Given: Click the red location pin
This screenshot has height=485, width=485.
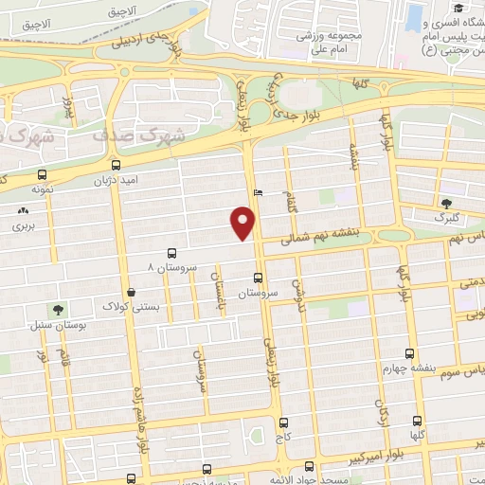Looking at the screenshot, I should point(244,222).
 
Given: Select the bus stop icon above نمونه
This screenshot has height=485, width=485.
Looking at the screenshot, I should point(40,175).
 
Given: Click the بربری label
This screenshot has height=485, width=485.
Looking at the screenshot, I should point(21,227).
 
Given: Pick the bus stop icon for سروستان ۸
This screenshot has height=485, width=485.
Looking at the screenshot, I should point(171,254).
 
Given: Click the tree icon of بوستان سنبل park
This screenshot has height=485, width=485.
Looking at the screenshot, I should point(58,309).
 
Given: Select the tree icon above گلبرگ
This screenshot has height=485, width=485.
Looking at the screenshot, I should point(446,203).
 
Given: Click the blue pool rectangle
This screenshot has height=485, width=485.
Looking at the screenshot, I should point(416,16).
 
